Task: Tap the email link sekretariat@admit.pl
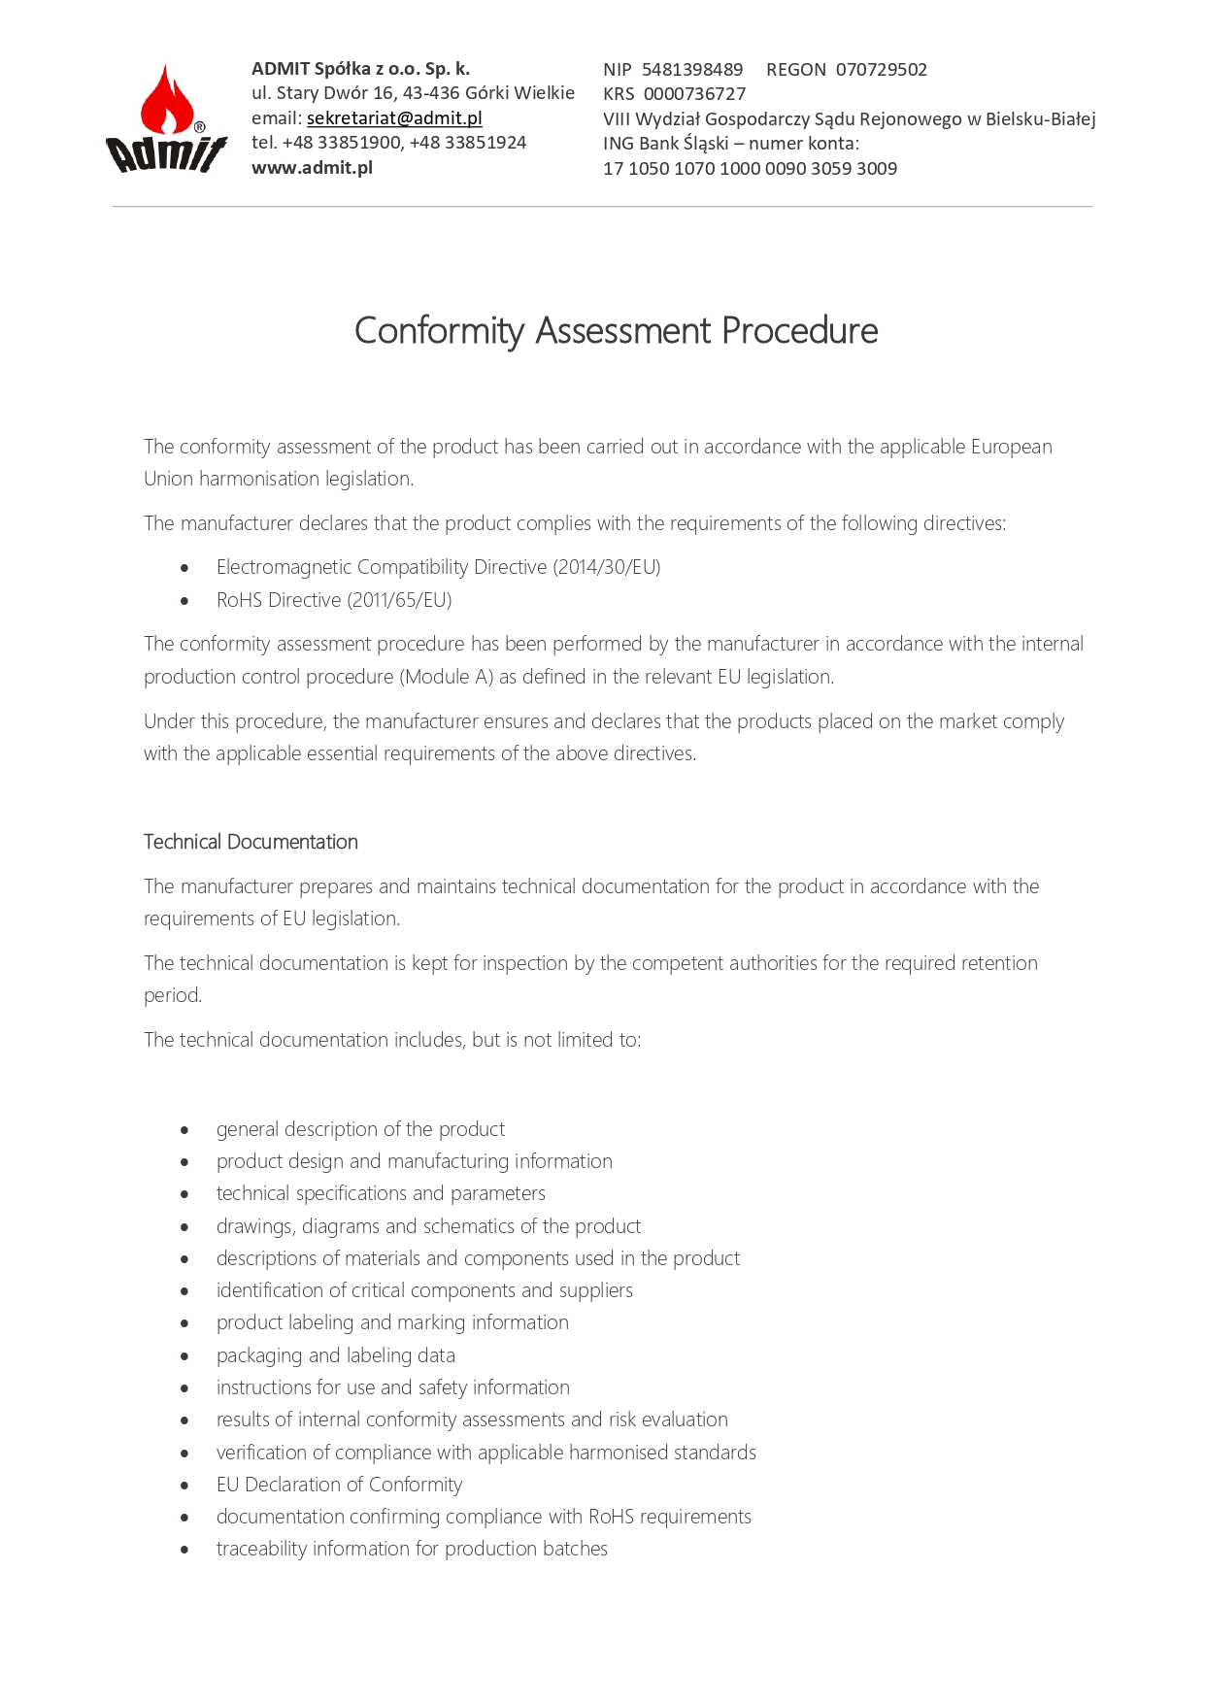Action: pyautogui.click(x=394, y=118)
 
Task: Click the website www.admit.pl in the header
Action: pyautogui.click(x=312, y=168)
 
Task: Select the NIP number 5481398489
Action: pyautogui.click(x=692, y=70)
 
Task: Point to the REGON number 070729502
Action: pyautogui.click(x=881, y=70)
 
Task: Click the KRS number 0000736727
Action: pyautogui.click(x=694, y=94)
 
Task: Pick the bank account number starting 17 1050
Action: pyautogui.click(x=750, y=169)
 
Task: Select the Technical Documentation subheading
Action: pyautogui.click(x=251, y=842)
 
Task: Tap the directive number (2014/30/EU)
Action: pyautogui.click(x=607, y=567)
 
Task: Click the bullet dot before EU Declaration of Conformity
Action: pyautogui.click(x=184, y=1486)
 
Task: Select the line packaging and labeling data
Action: pyautogui.click(x=335, y=1355)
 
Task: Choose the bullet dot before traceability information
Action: pyautogui.click(x=184, y=1550)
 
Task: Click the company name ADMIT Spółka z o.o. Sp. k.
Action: pyautogui.click(x=360, y=69)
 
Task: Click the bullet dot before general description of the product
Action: pyautogui.click(x=184, y=1130)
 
